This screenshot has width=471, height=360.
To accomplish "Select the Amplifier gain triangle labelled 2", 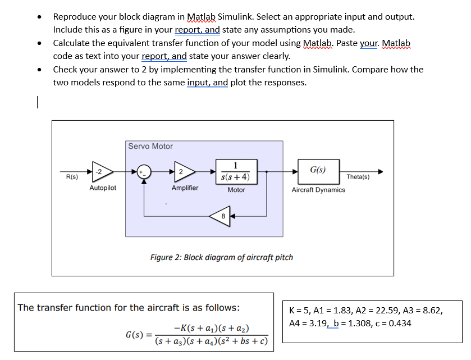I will coord(183,171).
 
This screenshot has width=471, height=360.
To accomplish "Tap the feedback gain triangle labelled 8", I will coord(222,216).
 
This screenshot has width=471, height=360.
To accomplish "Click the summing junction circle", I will coord(144,171).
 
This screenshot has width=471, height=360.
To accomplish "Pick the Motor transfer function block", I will coord(236,171).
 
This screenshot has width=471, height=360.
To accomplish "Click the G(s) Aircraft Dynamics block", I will coord(318,170).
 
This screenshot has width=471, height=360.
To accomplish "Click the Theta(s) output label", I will coord(358,177).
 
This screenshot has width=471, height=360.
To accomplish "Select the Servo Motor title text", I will coord(150,146).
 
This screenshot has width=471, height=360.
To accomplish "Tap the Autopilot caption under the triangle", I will coord(103,188).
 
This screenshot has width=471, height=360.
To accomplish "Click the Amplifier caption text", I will coord(185,188).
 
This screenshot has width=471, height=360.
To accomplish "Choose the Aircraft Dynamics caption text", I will coord(318,190).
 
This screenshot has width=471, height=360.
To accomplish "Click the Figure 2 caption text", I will coord(221,257).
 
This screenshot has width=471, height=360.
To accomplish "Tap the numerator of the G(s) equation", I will coord(212,329).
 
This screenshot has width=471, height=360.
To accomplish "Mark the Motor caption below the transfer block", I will coord(236,190).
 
